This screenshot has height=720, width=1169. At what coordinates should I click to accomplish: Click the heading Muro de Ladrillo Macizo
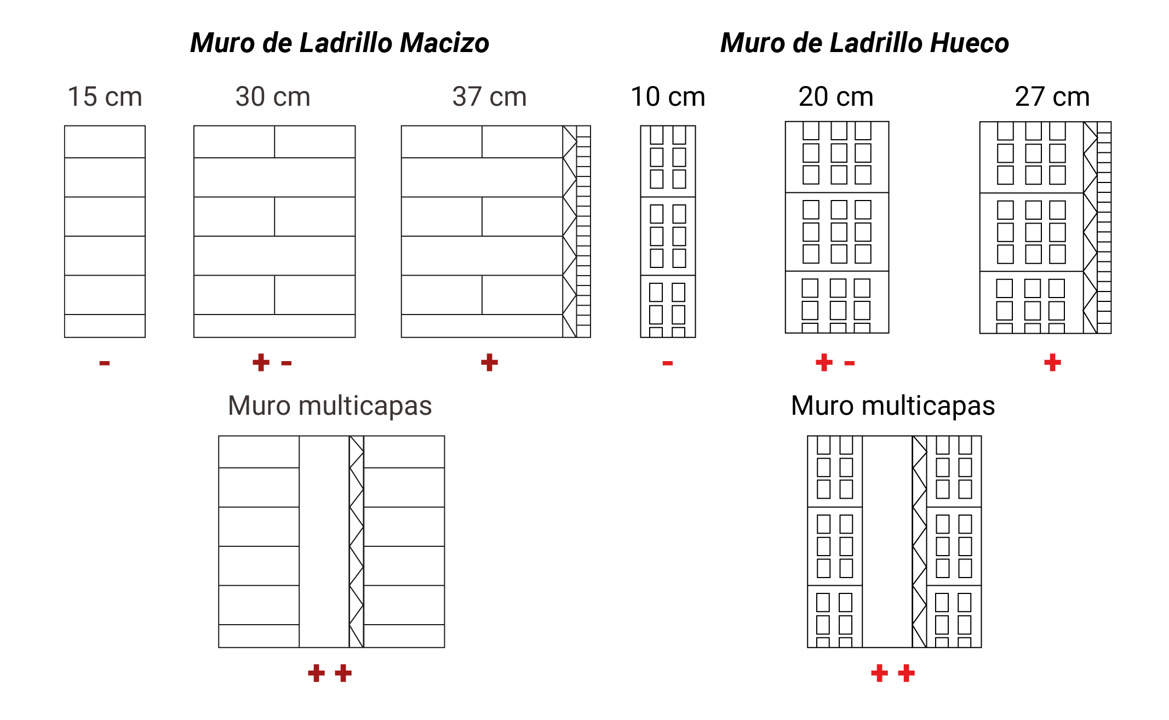click(x=340, y=43)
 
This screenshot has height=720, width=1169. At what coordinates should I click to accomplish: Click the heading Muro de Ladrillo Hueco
click(x=864, y=43)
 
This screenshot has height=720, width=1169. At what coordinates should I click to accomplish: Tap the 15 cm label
click(x=105, y=96)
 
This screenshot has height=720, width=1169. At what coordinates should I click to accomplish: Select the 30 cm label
click(x=273, y=96)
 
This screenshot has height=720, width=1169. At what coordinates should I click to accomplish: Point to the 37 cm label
click(x=489, y=96)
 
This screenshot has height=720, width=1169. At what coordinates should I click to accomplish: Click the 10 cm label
click(x=668, y=96)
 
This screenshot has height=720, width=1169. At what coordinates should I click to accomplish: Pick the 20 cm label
click(x=836, y=96)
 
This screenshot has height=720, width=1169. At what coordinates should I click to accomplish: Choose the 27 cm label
click(x=1052, y=96)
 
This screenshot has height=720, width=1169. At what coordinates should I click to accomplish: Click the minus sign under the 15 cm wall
click(x=105, y=363)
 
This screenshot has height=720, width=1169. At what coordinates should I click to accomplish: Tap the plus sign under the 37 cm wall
click(x=489, y=362)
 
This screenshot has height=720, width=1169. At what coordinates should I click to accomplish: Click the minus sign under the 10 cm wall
click(x=667, y=363)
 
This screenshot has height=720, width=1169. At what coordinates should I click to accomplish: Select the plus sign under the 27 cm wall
click(x=1052, y=362)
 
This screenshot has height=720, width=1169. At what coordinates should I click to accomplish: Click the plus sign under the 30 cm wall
click(x=261, y=362)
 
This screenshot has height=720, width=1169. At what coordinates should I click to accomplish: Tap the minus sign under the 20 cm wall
click(x=849, y=363)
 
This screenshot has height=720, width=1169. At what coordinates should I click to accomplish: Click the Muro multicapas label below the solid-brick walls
click(x=330, y=406)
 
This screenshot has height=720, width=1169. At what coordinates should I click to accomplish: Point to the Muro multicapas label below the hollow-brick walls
click(x=893, y=406)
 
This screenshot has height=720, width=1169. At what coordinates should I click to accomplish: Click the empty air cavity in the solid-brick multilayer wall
click(x=324, y=541)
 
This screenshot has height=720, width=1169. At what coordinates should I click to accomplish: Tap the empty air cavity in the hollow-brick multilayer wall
click(x=887, y=541)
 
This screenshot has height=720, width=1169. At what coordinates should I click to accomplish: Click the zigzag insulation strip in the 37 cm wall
click(x=570, y=231)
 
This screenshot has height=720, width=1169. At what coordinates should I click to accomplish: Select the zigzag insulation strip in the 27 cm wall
click(x=1090, y=227)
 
